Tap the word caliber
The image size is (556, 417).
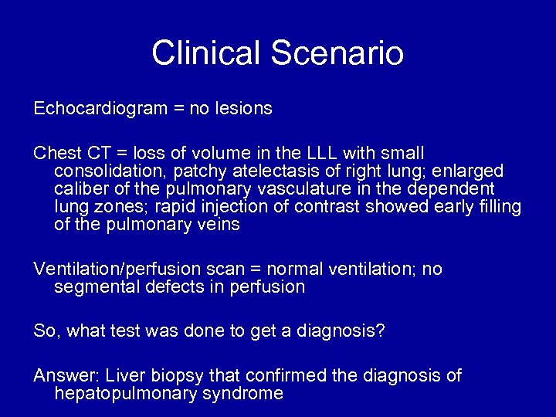click(80, 188)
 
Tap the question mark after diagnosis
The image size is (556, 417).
click(381, 331)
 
